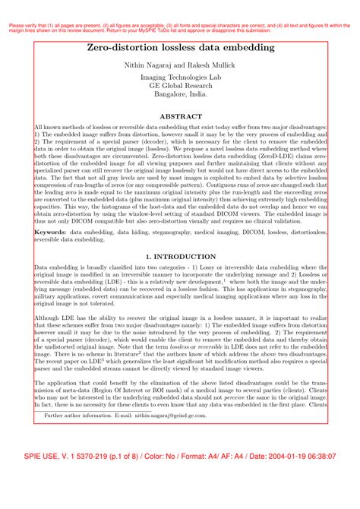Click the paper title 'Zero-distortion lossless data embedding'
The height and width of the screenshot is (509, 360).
[180, 48]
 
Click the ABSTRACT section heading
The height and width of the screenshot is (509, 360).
[180, 115]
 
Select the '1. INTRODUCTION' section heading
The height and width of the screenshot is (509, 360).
[180, 257]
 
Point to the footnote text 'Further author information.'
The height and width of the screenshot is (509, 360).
[75, 416]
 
